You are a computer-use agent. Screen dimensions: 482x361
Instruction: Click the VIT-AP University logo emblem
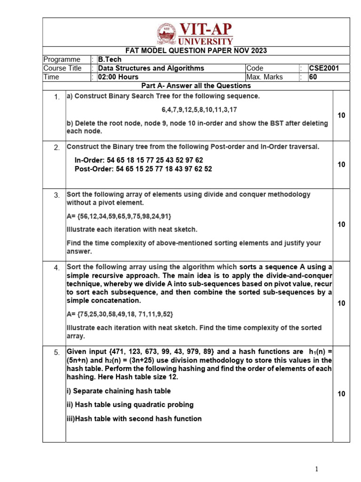point(166,33)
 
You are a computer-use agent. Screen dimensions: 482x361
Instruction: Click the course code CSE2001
point(323,68)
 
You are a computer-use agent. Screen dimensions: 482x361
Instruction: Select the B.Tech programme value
point(110,60)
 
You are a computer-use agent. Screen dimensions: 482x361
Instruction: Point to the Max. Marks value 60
point(313,77)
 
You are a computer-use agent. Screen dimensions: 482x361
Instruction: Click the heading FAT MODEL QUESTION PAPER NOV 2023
point(196,51)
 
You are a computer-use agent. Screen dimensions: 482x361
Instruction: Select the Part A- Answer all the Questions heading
point(196,86)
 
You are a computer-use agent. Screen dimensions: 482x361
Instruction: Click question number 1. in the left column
point(56,97)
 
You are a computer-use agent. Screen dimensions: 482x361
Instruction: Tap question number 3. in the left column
point(56,195)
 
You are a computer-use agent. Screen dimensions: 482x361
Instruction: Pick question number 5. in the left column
point(56,353)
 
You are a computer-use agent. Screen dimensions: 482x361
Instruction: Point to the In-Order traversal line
point(139,160)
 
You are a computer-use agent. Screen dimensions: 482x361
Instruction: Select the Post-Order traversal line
point(143,169)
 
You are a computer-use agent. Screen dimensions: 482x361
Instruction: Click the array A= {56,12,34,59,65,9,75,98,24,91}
point(119,216)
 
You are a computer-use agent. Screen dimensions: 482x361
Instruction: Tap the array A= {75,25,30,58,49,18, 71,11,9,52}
point(123,314)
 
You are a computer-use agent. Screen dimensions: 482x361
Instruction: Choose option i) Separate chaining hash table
point(118,391)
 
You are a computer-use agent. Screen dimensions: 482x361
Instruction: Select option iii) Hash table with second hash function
point(134,418)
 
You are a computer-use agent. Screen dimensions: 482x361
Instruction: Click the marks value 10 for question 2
point(341,164)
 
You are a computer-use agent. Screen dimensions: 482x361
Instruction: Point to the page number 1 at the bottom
point(317,469)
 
